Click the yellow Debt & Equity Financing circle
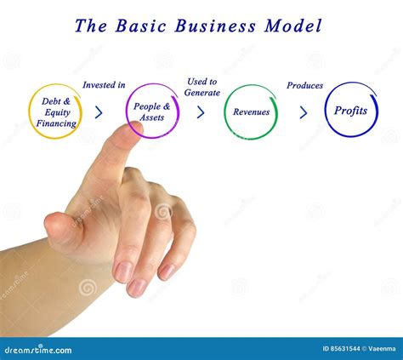pos(56,111)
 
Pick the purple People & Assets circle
pos(154,111)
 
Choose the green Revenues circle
pos(252,111)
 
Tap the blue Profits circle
pos(350,111)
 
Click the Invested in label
pos(104,85)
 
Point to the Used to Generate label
pos(202,87)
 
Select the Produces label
pos(304,85)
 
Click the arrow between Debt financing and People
pos(99,111)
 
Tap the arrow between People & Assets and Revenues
pos(201,111)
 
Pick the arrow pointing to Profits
pos(304,111)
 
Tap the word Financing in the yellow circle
pos(56,123)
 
